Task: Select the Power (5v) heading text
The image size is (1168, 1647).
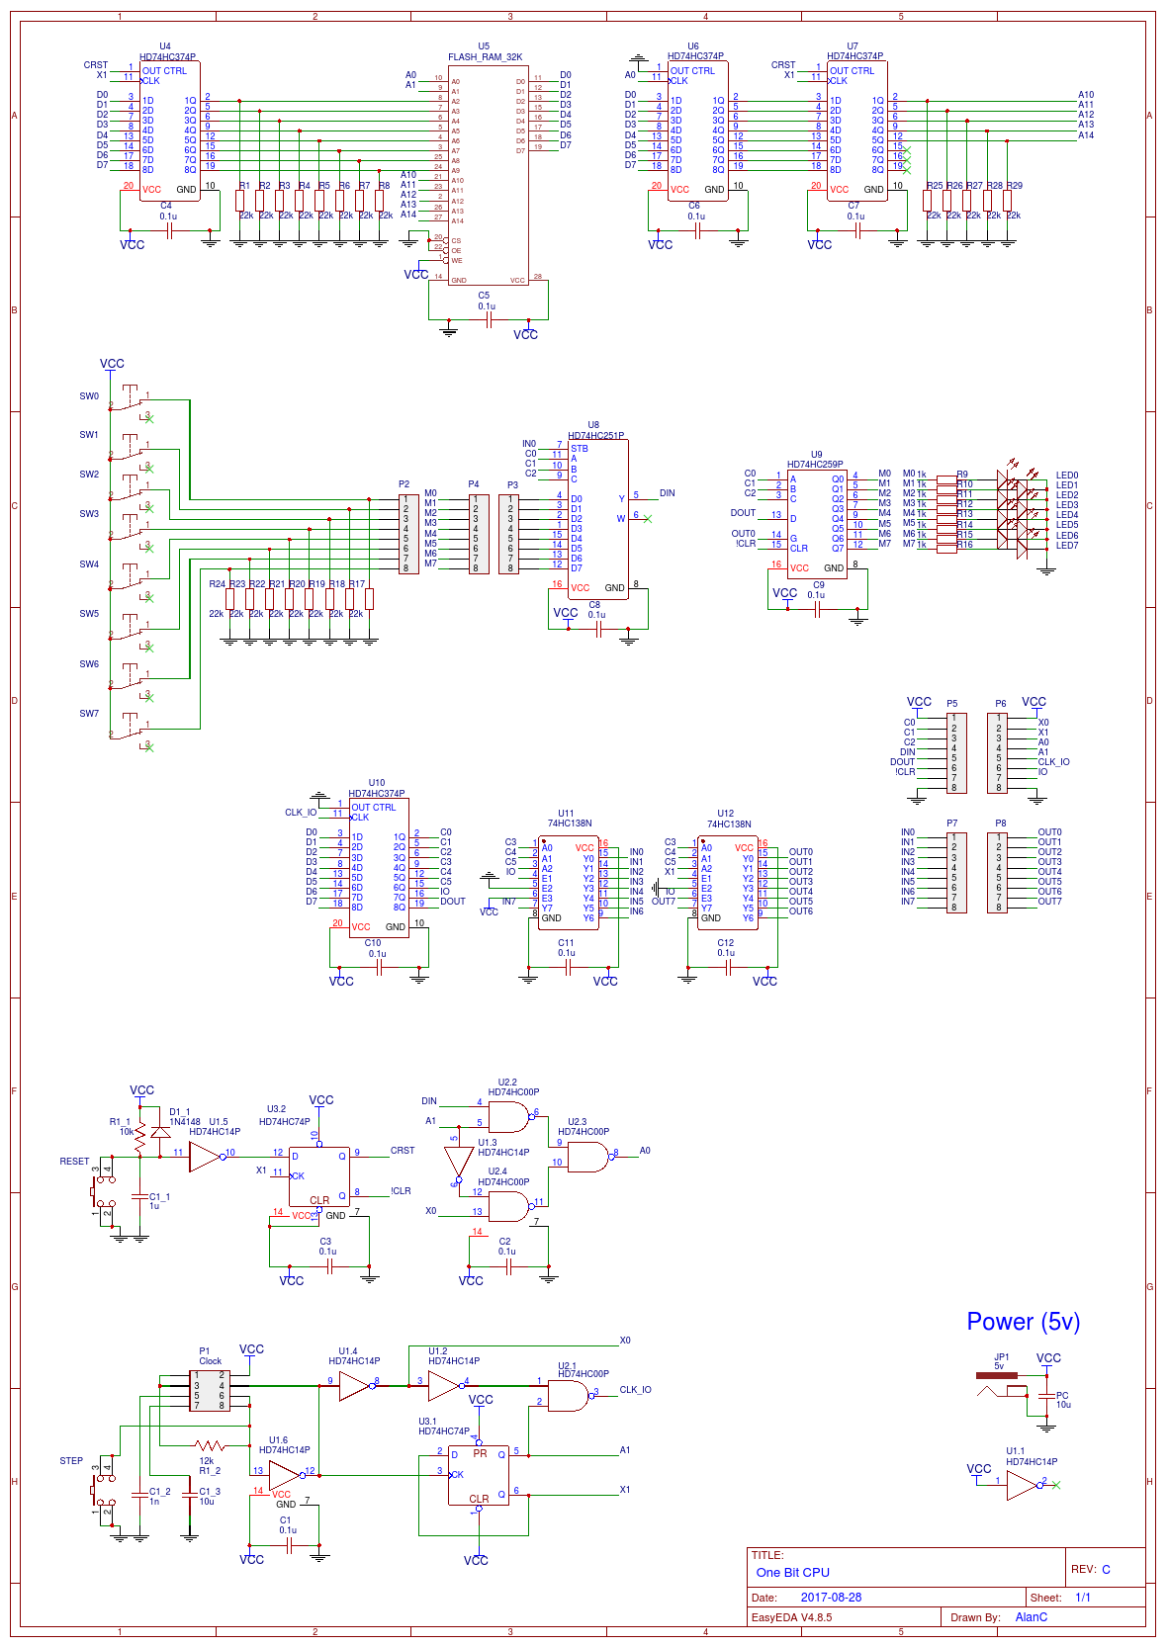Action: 1023,1322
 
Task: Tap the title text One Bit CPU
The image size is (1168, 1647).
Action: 792,1572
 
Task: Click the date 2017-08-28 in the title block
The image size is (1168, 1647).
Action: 831,1597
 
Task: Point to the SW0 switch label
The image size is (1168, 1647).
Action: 89,396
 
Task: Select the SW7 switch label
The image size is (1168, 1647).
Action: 89,714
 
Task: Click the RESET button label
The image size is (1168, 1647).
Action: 74,1162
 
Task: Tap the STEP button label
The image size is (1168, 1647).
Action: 71,1461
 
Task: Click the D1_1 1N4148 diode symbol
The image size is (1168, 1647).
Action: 160,1133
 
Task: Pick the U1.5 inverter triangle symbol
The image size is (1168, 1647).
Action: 205,1158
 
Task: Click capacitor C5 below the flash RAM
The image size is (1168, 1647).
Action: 488,319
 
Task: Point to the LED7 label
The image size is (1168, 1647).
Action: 1066,546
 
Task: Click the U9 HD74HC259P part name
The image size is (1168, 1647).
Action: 815,465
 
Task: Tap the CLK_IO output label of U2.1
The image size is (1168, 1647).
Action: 635,1390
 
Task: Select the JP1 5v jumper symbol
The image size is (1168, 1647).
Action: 996,1375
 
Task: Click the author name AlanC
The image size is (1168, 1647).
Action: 1031,1617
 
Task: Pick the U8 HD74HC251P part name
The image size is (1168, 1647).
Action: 595,436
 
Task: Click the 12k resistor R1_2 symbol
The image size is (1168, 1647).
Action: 210,1445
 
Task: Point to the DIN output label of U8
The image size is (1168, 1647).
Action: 668,493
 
